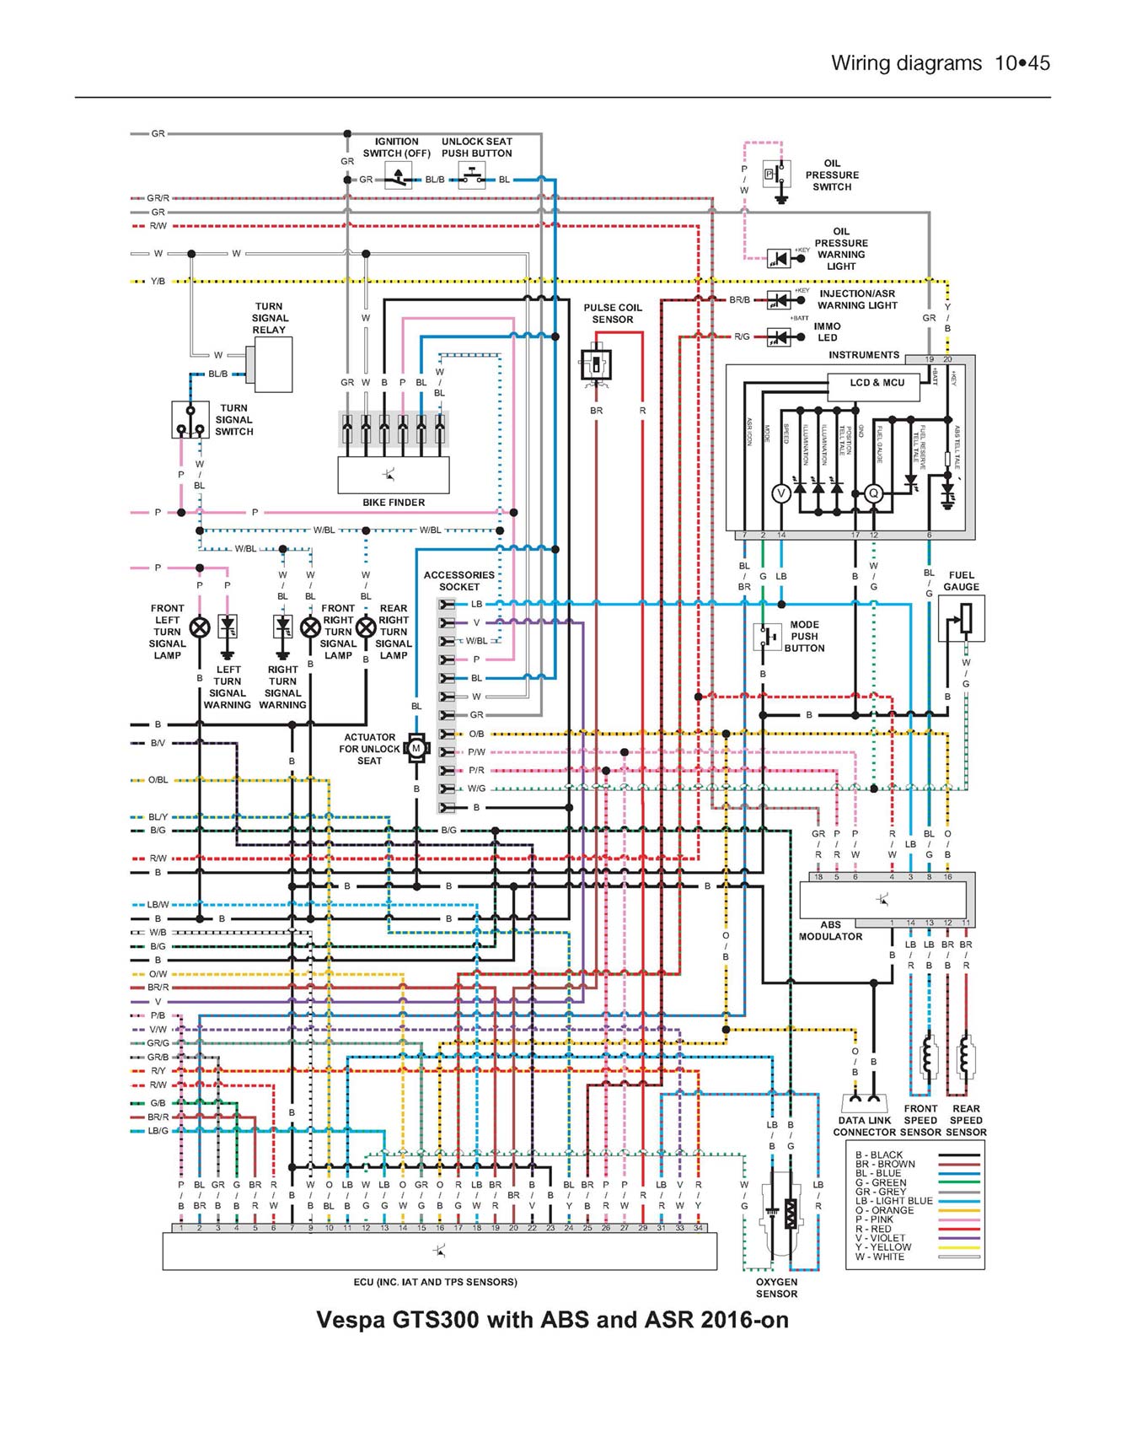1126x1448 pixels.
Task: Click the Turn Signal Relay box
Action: [x=273, y=364]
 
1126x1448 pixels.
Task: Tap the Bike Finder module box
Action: [x=393, y=475]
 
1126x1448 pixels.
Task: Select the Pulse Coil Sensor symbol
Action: [x=596, y=365]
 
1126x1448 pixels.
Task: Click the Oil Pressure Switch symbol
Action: [x=776, y=175]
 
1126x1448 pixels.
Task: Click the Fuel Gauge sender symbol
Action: [x=962, y=618]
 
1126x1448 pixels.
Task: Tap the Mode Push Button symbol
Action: [x=767, y=637]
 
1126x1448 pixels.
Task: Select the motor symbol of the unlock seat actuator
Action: [x=416, y=748]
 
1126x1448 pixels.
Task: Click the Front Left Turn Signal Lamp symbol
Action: [x=200, y=627]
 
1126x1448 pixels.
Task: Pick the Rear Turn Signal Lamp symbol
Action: [x=366, y=627]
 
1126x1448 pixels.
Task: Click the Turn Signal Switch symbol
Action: [x=190, y=419]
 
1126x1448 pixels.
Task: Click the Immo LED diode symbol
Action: [x=779, y=337]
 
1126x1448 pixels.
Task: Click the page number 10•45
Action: [x=1022, y=63]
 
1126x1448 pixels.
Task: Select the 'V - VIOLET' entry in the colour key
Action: [x=880, y=1238]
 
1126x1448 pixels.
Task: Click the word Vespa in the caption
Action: [x=350, y=1320]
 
